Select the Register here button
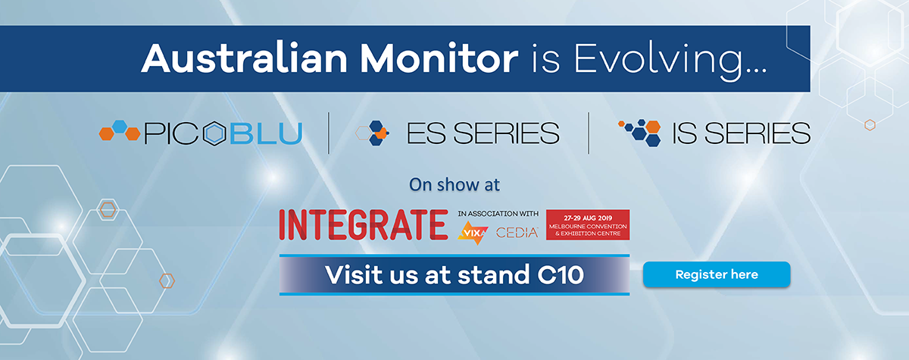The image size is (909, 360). point(716,274)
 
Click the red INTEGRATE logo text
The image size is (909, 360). point(363,224)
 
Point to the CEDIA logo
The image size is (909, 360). point(517,233)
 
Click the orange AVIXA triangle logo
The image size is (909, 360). point(473,232)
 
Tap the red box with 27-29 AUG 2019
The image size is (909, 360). point(588,225)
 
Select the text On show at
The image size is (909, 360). point(454,184)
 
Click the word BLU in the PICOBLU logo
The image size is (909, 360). point(266,134)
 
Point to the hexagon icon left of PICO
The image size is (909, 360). point(120,133)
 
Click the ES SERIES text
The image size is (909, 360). point(483,134)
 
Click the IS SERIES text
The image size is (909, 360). point(741,134)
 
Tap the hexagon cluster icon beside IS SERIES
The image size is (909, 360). point(642,132)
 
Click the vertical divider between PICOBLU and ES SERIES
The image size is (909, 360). point(329,133)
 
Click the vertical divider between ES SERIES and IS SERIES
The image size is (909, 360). point(589,133)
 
